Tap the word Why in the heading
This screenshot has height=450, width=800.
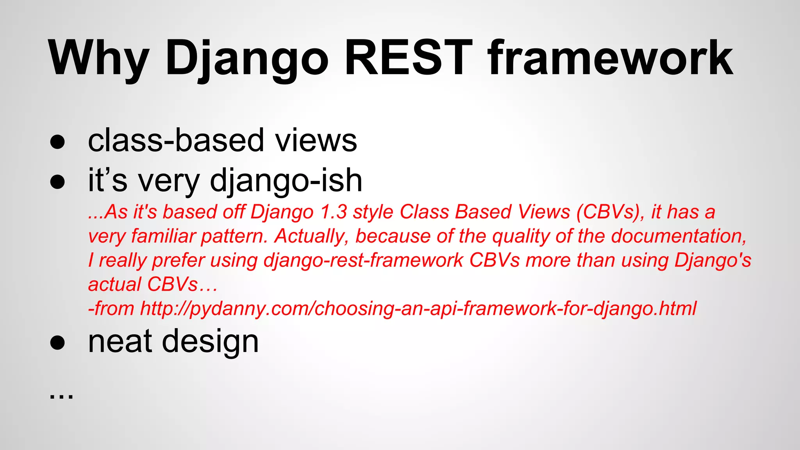click(98, 59)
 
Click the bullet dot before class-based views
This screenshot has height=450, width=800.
click(57, 142)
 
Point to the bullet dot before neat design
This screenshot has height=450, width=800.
click(57, 343)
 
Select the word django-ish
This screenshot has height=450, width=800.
click(286, 181)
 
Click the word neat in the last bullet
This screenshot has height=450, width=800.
click(120, 341)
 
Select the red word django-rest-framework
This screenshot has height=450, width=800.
click(363, 261)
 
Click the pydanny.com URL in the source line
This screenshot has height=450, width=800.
click(418, 309)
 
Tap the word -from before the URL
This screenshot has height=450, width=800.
click(111, 309)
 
